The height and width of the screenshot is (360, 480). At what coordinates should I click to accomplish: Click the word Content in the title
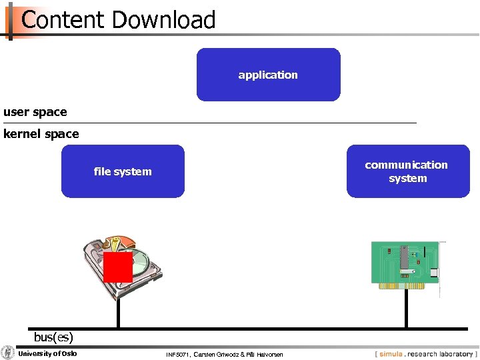(64, 20)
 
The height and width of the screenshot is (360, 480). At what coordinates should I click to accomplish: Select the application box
(268, 75)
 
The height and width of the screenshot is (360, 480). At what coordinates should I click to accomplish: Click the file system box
(123, 171)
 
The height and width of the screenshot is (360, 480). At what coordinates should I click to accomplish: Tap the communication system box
(407, 171)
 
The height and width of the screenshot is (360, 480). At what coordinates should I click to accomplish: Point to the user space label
(35, 112)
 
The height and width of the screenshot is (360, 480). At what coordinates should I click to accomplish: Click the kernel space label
(41, 134)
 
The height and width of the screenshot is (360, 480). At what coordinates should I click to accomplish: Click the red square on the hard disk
(118, 267)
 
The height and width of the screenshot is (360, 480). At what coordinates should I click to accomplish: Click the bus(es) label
(53, 337)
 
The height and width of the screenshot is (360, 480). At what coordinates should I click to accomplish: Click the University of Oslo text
(47, 353)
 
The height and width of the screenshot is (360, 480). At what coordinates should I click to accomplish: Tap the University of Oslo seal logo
(8, 353)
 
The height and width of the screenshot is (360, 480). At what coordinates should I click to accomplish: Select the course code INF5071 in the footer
(177, 354)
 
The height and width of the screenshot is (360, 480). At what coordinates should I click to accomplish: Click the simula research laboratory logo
(426, 354)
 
